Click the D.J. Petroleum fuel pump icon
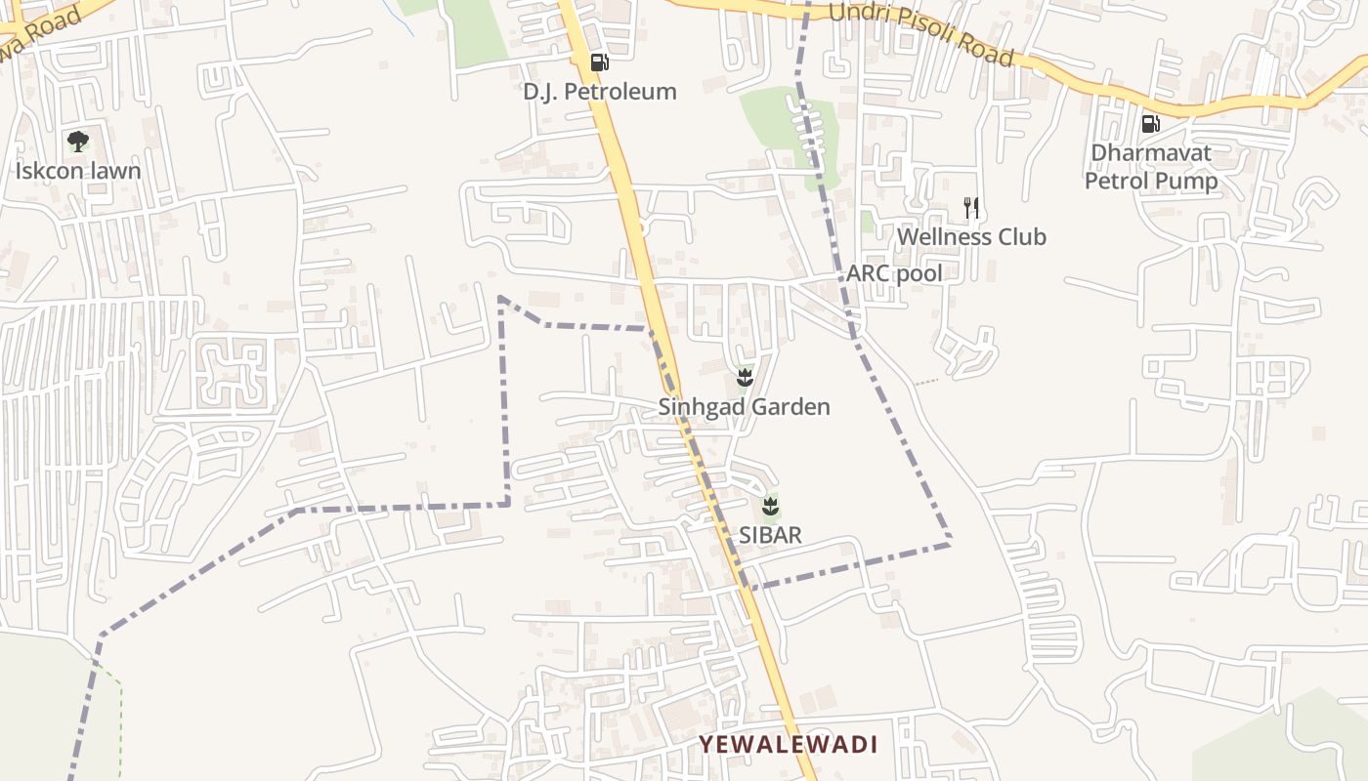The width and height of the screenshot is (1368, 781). [599, 62]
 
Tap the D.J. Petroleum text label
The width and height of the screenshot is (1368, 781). [599, 92]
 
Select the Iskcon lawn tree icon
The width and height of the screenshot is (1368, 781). [78, 142]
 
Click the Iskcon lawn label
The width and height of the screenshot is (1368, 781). [78, 171]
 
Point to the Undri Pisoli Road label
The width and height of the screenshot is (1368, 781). [920, 34]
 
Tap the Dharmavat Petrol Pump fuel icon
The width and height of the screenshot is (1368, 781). [1150, 124]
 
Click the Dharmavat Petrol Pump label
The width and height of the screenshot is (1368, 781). [1151, 167]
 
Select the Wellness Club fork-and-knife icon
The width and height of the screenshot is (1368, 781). [970, 207]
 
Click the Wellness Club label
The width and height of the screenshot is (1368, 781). [971, 237]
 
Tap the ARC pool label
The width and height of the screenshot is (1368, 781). [894, 273]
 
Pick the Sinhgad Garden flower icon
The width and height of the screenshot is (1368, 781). [745, 377]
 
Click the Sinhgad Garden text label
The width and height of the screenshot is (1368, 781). [744, 407]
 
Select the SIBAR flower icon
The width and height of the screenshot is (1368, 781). [770, 506]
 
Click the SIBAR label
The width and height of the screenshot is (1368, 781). [770, 535]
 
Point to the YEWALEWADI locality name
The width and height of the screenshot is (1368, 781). [788, 745]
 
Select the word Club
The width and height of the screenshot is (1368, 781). [1020, 237]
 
